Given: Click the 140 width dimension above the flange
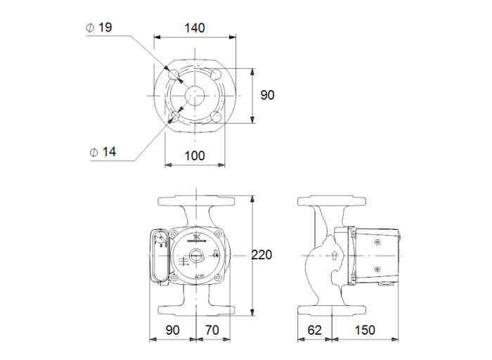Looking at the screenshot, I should click(x=195, y=28).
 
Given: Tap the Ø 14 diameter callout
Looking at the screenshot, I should click(x=103, y=151).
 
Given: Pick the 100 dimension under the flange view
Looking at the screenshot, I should click(x=195, y=155).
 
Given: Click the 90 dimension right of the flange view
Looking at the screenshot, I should click(x=267, y=95).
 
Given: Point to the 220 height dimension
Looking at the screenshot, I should click(x=261, y=255).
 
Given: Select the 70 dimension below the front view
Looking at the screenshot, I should click(x=212, y=330).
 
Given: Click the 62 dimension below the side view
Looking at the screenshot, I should click(x=316, y=330).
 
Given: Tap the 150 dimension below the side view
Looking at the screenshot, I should click(x=364, y=330).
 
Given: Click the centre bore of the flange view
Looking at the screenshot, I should click(x=195, y=95).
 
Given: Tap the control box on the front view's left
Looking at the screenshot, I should click(x=160, y=256).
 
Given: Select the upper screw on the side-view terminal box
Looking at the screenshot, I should click(x=377, y=243).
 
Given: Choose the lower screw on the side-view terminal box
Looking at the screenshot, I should click(x=377, y=269).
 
